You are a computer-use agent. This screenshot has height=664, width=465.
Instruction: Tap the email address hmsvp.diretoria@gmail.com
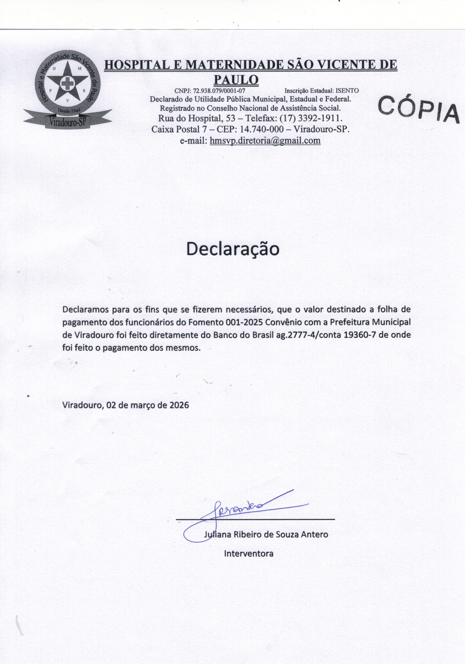pyautogui.click(x=265, y=141)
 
